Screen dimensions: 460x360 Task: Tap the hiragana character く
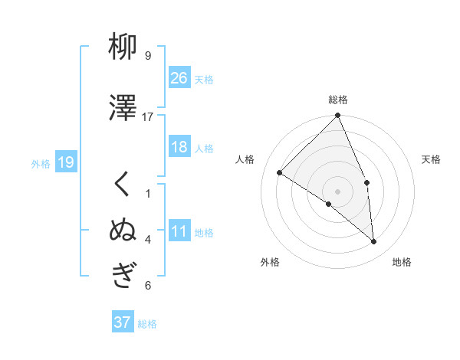coord(123,185)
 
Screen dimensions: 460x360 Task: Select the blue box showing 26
coord(179,77)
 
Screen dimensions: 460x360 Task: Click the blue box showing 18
coord(179,147)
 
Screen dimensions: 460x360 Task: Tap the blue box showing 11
coord(179,231)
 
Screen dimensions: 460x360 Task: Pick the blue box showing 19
coord(65,162)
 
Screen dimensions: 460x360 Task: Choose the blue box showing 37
coord(123,322)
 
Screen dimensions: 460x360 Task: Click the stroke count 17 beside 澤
coord(148,117)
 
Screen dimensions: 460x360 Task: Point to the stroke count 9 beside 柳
coord(148,56)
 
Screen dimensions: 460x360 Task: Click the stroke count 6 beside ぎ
coord(148,286)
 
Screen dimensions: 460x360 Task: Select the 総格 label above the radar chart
coord(338,100)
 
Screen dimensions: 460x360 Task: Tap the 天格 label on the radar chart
coord(432,159)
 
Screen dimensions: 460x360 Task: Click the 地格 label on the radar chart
coord(402,262)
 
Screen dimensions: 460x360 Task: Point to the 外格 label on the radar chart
coord(270,262)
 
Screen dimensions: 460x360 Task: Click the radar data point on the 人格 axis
coord(280,173)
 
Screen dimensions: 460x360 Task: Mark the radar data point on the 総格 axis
coord(338,116)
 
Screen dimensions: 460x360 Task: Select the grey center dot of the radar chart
coord(337,191)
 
